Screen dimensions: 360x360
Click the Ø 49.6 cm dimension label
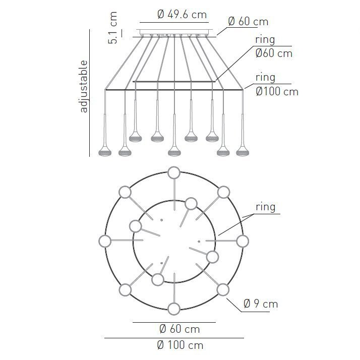click(182, 15)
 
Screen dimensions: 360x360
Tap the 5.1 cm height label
click(113, 28)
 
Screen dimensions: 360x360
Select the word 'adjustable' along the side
click(84, 86)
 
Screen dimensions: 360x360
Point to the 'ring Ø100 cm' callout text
click(277, 85)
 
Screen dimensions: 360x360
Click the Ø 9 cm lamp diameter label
click(261, 304)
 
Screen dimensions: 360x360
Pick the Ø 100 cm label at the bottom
click(180, 345)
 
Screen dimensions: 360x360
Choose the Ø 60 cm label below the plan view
click(179, 329)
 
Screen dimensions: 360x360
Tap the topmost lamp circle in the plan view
click(174, 172)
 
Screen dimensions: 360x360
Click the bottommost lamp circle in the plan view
click(174, 309)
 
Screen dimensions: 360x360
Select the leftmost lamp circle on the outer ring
click(105, 242)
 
